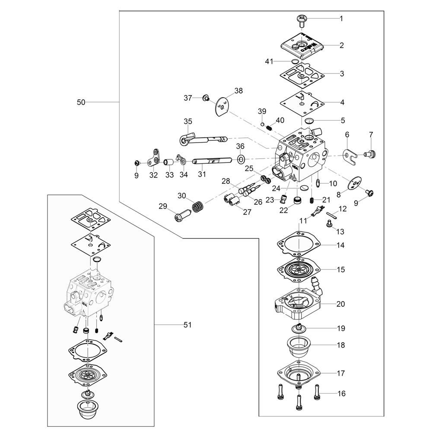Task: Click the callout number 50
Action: (x=81, y=102)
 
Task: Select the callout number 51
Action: (x=187, y=325)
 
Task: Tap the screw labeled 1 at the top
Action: (x=301, y=19)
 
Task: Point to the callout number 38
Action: (x=238, y=91)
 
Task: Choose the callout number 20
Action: (x=341, y=304)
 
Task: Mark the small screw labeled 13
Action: (x=330, y=224)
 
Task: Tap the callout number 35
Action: (x=187, y=121)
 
